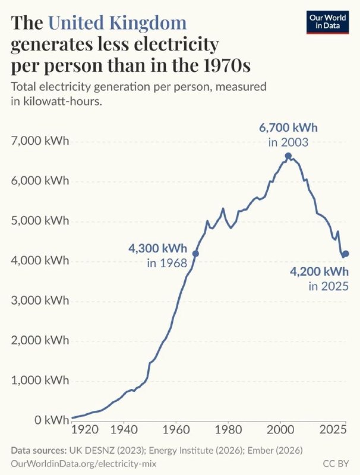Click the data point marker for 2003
pos(288,156)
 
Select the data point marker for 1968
pos(196,254)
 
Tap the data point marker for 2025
pos(346,254)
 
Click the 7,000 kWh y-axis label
pos(40,141)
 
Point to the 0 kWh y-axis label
pos(52,420)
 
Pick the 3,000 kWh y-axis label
pos(40,300)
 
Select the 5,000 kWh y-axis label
pos(40,221)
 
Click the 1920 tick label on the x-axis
pos(85,430)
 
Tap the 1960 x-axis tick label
pos(176,430)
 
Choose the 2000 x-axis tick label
pos(280,430)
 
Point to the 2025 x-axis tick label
pos(333,430)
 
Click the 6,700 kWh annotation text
pos(288,128)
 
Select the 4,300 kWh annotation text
pos(158,249)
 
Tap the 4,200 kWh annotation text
pos(320,272)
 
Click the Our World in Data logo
pos(327,23)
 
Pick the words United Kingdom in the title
pos(117,23)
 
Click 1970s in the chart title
pos(227,65)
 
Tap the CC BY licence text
pos(336,464)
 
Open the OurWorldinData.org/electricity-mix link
pos(84,464)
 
